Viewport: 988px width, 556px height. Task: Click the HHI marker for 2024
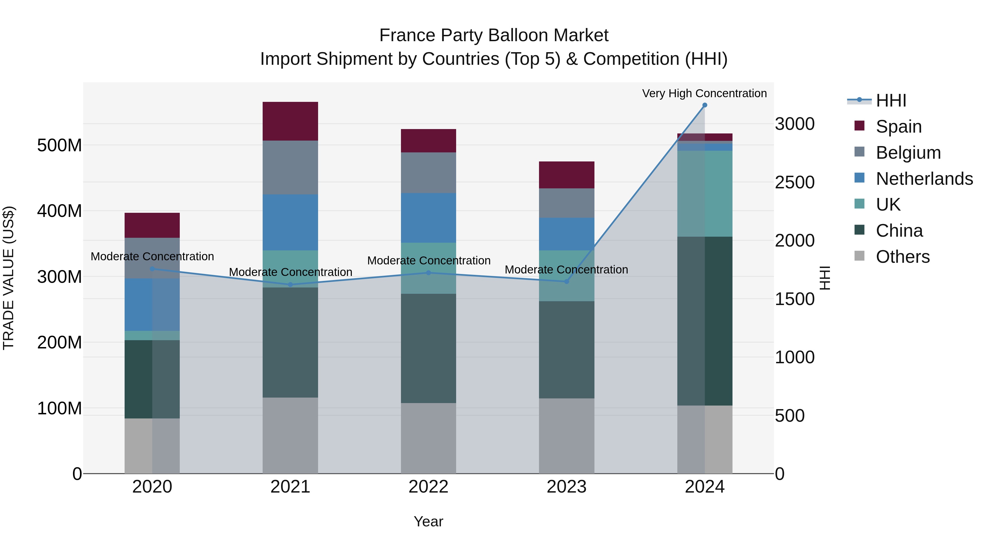(704, 105)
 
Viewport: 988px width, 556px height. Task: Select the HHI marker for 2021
(290, 285)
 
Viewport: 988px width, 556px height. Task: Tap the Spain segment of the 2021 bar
(290, 121)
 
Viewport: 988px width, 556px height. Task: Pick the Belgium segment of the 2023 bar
(566, 203)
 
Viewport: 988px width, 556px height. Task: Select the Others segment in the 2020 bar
(152, 446)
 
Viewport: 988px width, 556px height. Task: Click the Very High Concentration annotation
(704, 93)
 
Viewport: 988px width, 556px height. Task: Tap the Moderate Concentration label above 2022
(428, 261)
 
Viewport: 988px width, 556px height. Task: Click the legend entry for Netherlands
(924, 179)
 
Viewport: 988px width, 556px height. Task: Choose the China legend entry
(899, 231)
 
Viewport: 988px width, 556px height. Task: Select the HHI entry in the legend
(891, 100)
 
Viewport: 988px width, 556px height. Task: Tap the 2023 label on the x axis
(566, 487)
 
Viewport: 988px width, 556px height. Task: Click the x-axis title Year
(428, 521)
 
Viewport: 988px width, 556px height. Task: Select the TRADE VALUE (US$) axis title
(9, 278)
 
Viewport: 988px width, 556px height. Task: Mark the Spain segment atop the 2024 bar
(704, 137)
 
